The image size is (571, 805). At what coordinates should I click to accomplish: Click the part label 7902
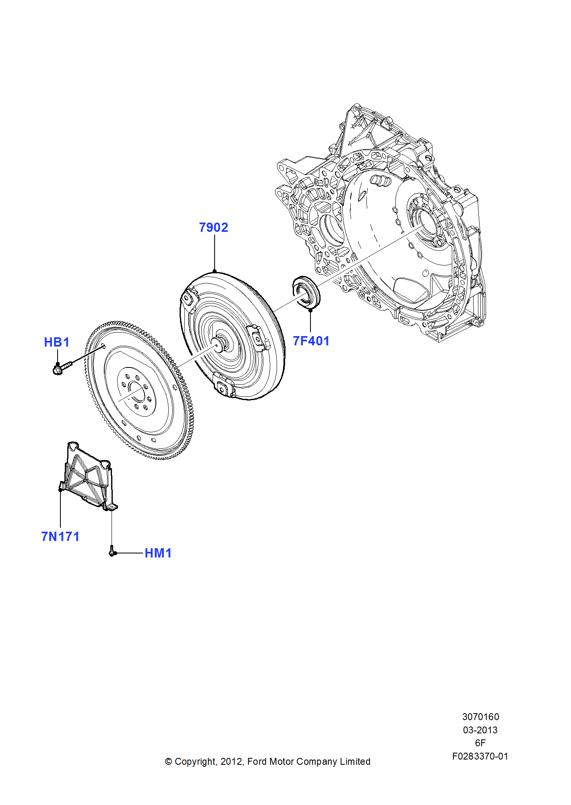click(213, 227)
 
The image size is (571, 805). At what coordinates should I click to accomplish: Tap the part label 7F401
click(311, 341)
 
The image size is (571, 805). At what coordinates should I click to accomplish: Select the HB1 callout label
click(57, 342)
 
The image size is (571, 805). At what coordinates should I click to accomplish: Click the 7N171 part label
click(60, 537)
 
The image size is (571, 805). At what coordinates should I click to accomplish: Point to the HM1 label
click(158, 553)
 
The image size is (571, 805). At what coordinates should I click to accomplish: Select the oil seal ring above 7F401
click(306, 291)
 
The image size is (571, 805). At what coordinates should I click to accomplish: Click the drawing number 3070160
click(480, 717)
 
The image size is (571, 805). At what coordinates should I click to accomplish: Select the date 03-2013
click(480, 730)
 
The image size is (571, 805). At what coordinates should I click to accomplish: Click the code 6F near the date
click(480, 743)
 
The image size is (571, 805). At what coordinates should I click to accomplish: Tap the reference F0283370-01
click(480, 756)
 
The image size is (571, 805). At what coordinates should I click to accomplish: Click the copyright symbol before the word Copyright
click(169, 762)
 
